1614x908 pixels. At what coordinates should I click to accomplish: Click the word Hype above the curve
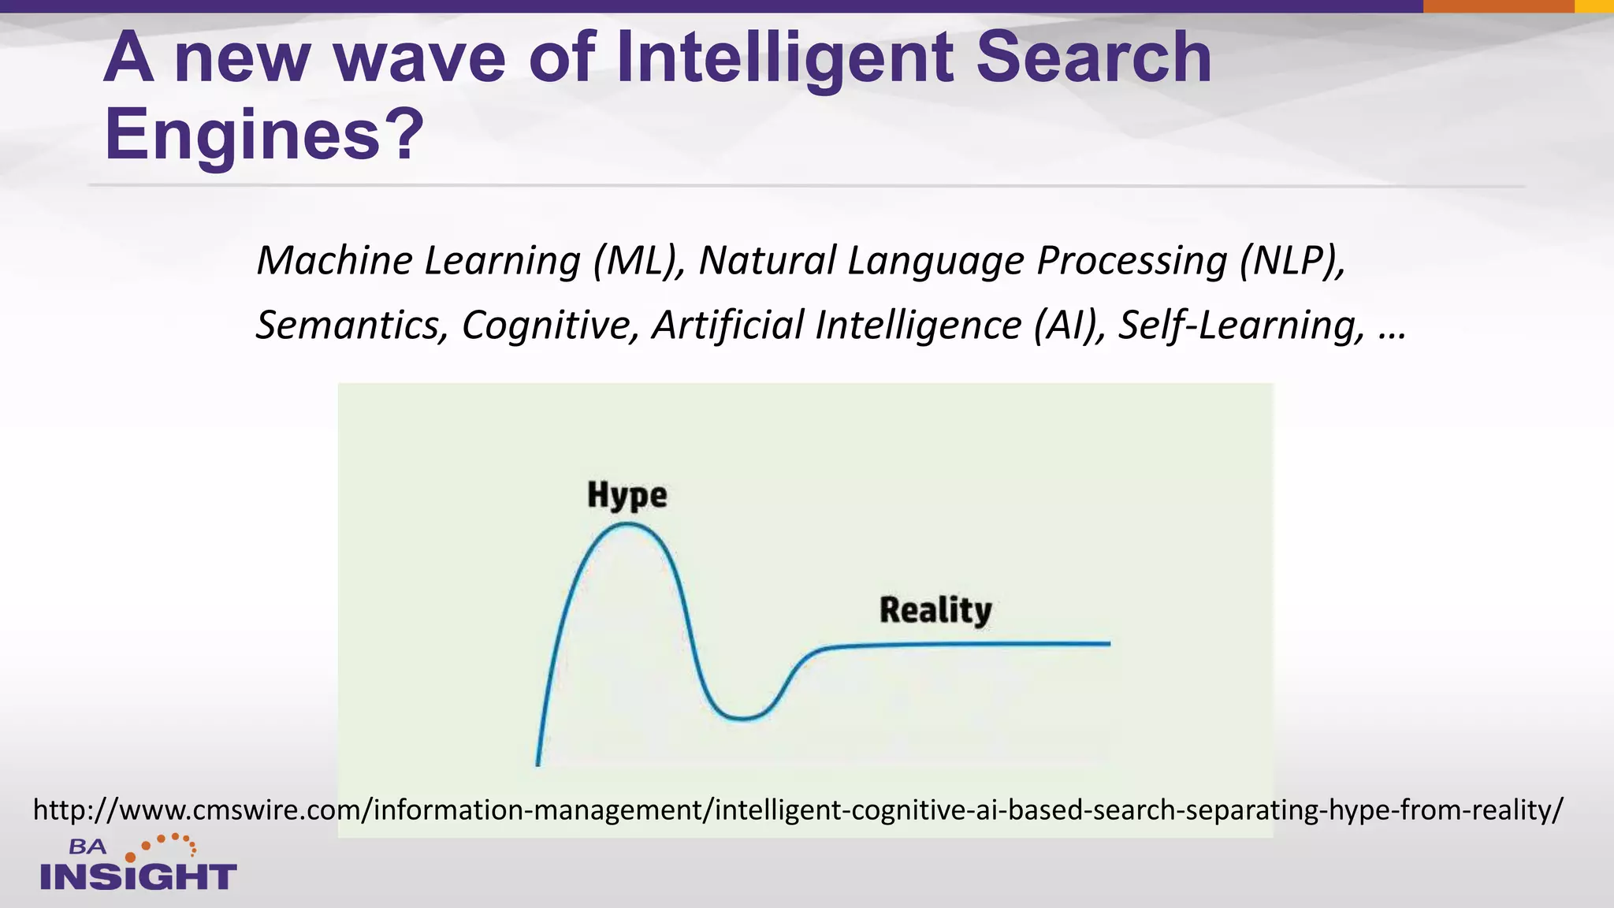click(627, 496)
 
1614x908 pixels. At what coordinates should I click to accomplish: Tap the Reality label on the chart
click(935, 611)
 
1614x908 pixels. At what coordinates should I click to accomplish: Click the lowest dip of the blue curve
click(741, 718)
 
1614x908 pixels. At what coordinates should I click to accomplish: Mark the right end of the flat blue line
click(1107, 643)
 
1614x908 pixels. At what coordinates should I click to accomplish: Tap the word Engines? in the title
click(264, 135)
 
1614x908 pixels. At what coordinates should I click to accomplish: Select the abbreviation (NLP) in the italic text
click(1291, 260)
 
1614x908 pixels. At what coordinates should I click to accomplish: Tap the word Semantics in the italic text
click(351, 325)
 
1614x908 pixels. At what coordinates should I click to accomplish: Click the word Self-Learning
click(1242, 325)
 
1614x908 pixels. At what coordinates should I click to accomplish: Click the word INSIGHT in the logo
click(139, 876)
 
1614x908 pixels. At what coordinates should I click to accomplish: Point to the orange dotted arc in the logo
click(169, 843)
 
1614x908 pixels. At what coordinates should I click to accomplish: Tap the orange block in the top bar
click(1498, 6)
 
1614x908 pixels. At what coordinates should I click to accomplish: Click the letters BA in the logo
click(87, 847)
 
